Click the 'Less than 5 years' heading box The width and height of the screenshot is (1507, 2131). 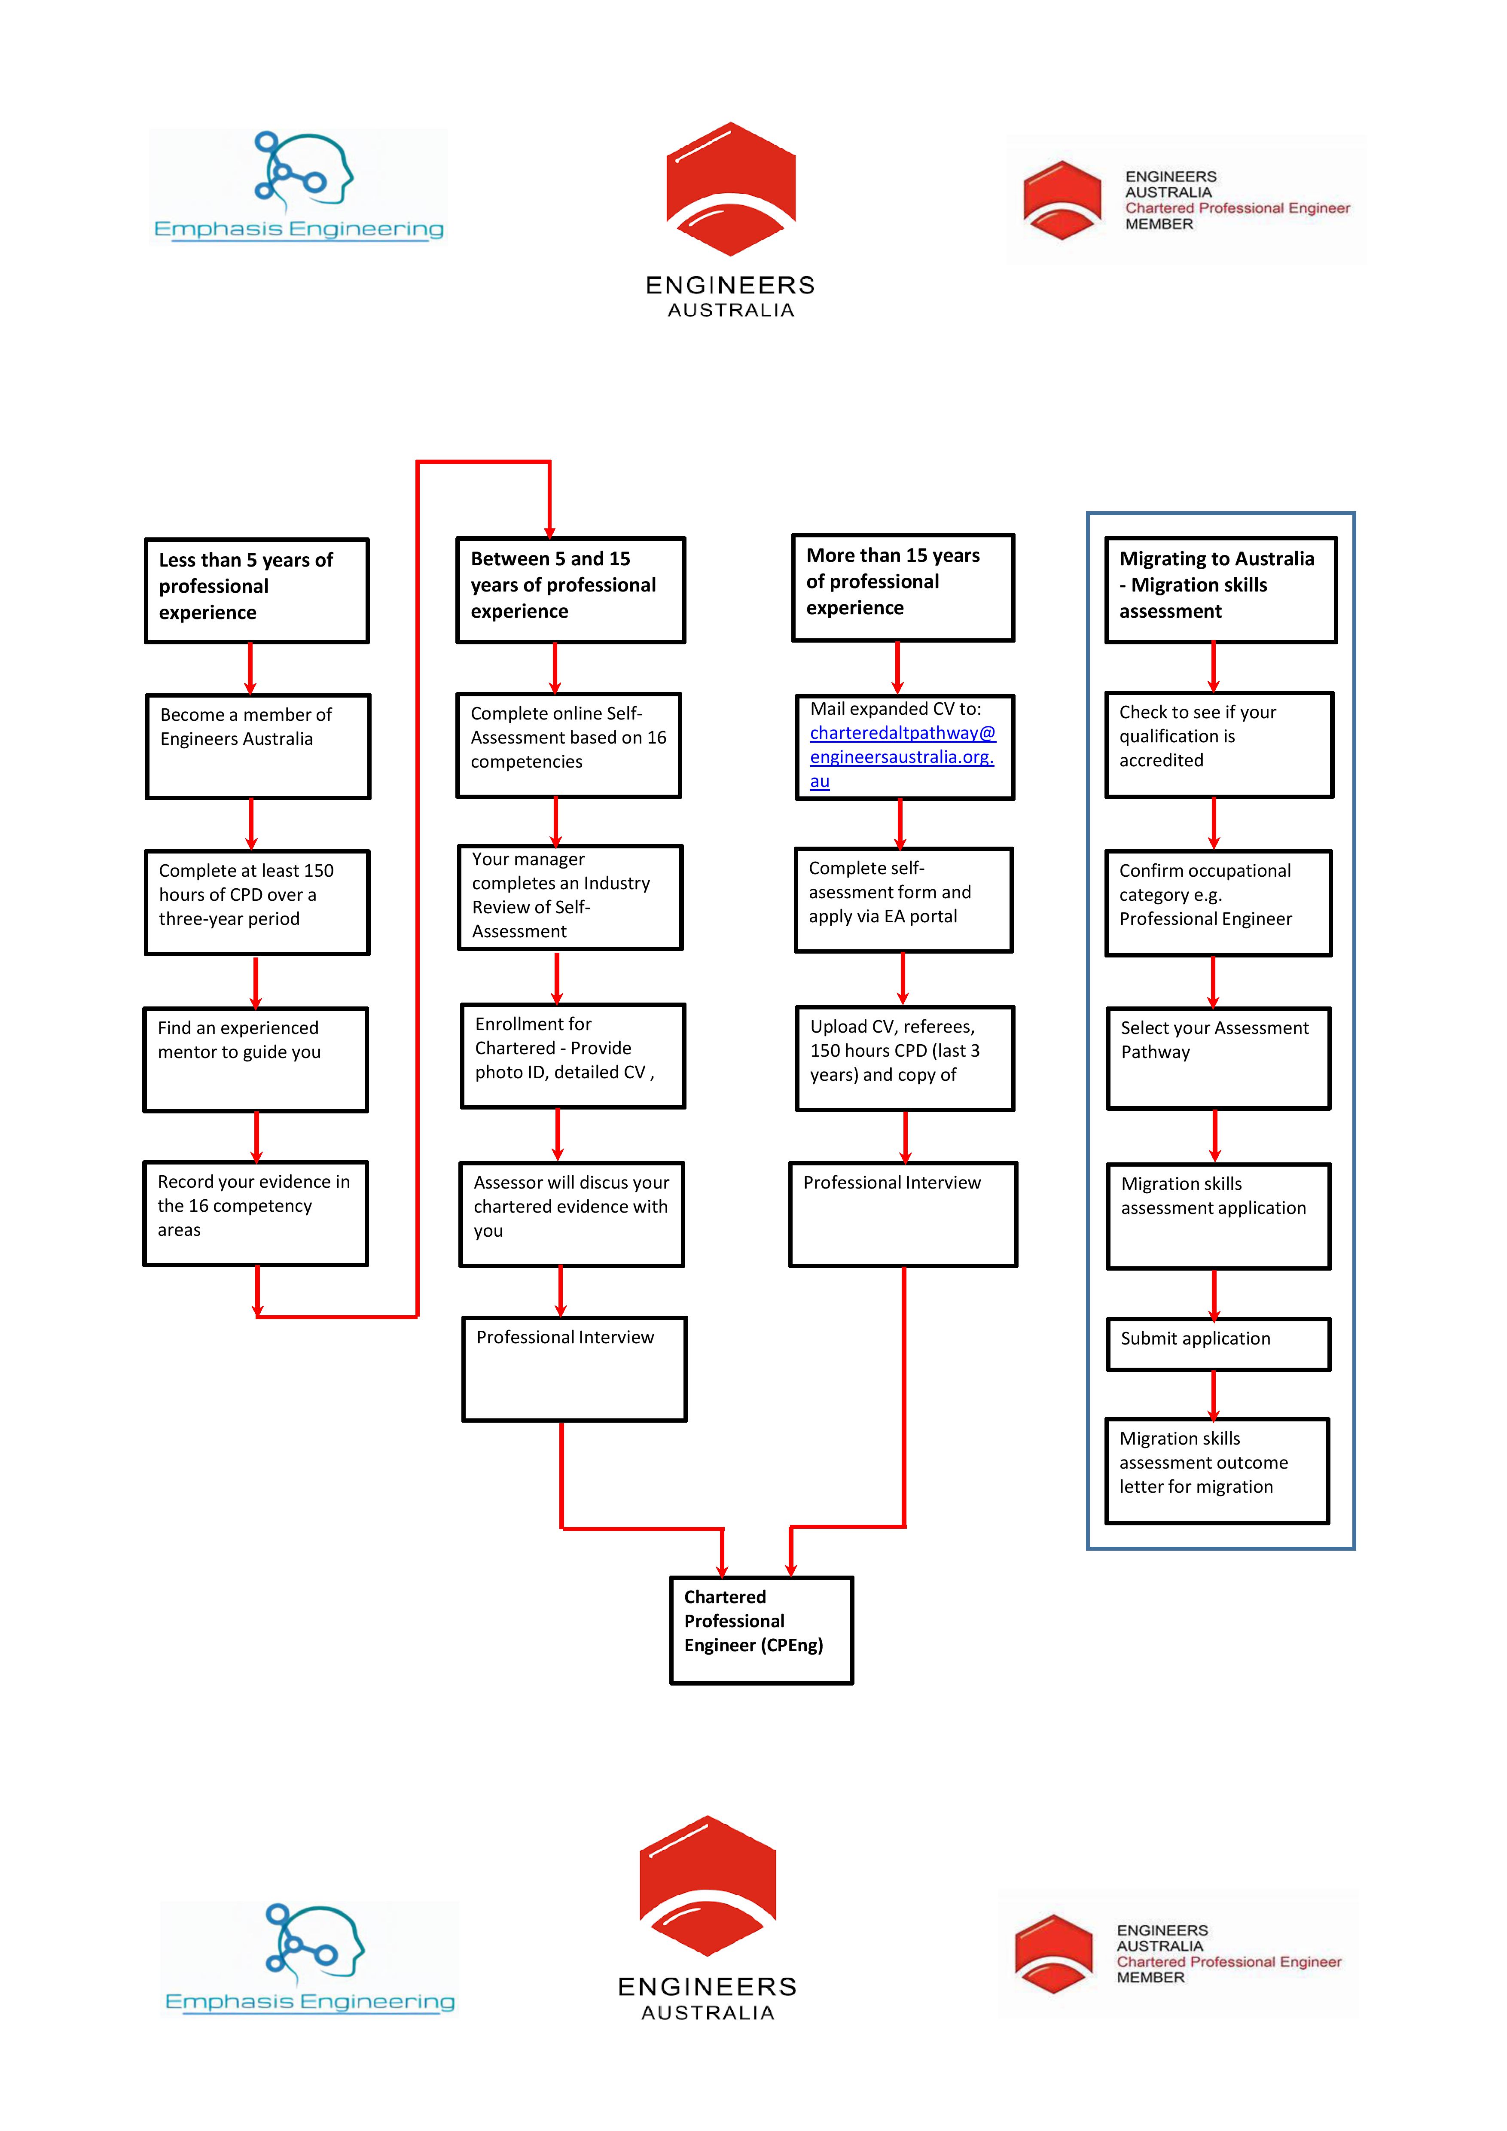click(x=257, y=590)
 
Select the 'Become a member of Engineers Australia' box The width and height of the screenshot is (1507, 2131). click(x=258, y=746)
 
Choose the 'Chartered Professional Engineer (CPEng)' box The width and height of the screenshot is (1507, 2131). click(x=761, y=1630)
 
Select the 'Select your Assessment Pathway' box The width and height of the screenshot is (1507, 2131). click(x=1218, y=1058)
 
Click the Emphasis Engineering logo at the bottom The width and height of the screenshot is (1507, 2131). click(x=310, y=1958)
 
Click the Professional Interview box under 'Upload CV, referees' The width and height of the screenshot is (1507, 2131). click(x=903, y=1214)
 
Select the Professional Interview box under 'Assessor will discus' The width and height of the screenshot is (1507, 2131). click(x=574, y=1368)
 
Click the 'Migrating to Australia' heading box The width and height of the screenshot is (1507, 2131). click(x=1220, y=589)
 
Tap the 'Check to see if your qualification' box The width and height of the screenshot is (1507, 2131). click(x=1218, y=744)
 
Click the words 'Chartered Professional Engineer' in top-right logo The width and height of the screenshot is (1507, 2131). click(x=1237, y=208)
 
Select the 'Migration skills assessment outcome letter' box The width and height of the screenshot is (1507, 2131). click(x=1217, y=1470)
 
